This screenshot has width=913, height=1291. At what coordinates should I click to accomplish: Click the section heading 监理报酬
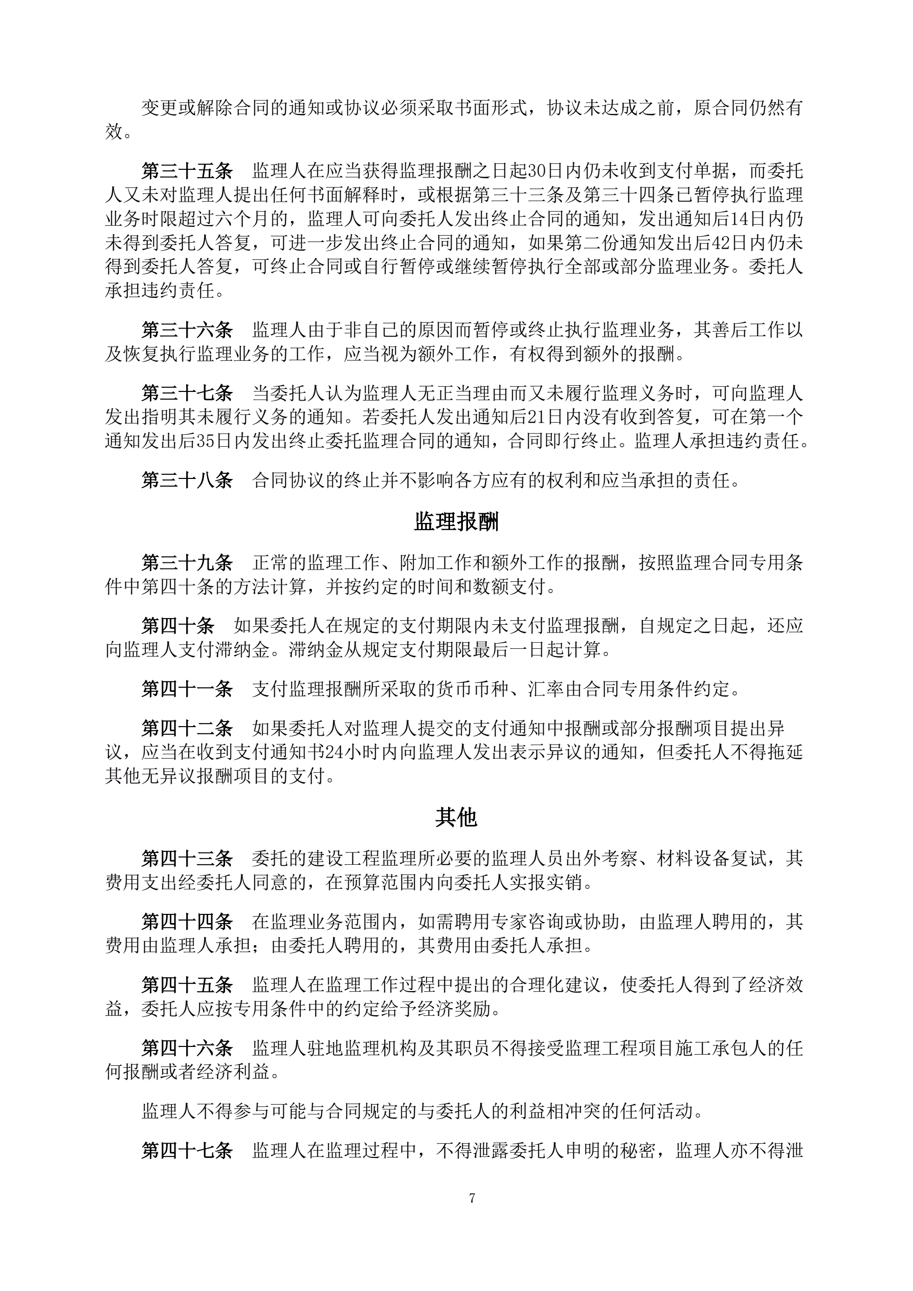click(456, 522)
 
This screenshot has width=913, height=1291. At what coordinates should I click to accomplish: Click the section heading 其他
click(456, 818)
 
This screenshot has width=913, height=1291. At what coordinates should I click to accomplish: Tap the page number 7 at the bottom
click(472, 1198)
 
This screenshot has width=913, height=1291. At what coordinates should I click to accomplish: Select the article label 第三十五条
click(187, 170)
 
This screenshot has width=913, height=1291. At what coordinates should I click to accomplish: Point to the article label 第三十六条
click(187, 330)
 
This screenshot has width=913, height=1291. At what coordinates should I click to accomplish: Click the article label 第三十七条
click(187, 392)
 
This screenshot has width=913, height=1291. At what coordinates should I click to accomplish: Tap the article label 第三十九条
click(187, 562)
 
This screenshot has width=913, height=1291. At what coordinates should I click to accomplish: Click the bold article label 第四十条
click(177, 625)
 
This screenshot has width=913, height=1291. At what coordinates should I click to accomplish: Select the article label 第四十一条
click(187, 689)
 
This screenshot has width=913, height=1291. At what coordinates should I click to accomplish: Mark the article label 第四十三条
click(187, 859)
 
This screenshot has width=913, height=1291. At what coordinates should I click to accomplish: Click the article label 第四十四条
click(187, 922)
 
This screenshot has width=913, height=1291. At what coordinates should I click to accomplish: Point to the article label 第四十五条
click(187, 984)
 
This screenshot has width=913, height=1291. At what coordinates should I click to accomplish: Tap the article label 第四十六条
click(187, 1048)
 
